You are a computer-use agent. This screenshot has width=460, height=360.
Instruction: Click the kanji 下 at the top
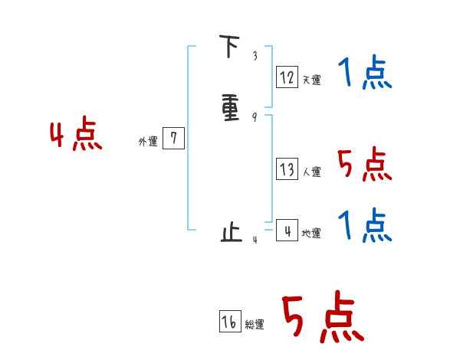pyautogui.click(x=228, y=47)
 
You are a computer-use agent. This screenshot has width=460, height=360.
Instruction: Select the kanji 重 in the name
pyautogui.click(x=229, y=107)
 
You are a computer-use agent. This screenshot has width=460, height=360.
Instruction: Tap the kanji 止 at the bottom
pyautogui.click(x=230, y=232)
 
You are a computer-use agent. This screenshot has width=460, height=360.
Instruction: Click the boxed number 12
pyautogui.click(x=287, y=77)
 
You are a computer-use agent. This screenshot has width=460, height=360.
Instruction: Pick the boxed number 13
pyautogui.click(x=287, y=170)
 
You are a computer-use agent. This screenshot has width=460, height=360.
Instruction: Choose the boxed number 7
pyautogui.click(x=174, y=139)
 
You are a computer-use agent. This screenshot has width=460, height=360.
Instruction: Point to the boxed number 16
pyautogui.click(x=229, y=322)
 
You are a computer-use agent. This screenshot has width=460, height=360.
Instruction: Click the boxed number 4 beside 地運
pyautogui.click(x=287, y=230)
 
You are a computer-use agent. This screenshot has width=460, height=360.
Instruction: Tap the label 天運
pyautogui.click(x=311, y=80)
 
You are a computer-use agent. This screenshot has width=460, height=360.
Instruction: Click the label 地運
pyautogui.click(x=311, y=234)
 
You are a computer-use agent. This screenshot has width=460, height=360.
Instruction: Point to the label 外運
pyautogui.click(x=148, y=142)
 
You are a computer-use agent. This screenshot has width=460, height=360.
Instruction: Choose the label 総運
pyautogui.click(x=255, y=326)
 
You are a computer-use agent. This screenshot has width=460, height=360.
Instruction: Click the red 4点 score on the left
pyautogui.click(x=76, y=136)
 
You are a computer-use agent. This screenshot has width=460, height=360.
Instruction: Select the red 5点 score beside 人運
pyautogui.click(x=364, y=165)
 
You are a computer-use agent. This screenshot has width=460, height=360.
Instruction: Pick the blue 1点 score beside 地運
pyautogui.click(x=365, y=227)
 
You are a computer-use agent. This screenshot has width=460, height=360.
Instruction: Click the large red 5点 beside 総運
pyautogui.click(x=321, y=318)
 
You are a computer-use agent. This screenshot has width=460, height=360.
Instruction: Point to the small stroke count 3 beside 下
pyautogui.click(x=255, y=56)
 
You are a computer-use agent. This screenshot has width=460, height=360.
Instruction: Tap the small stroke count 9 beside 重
pyautogui.click(x=254, y=117)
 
